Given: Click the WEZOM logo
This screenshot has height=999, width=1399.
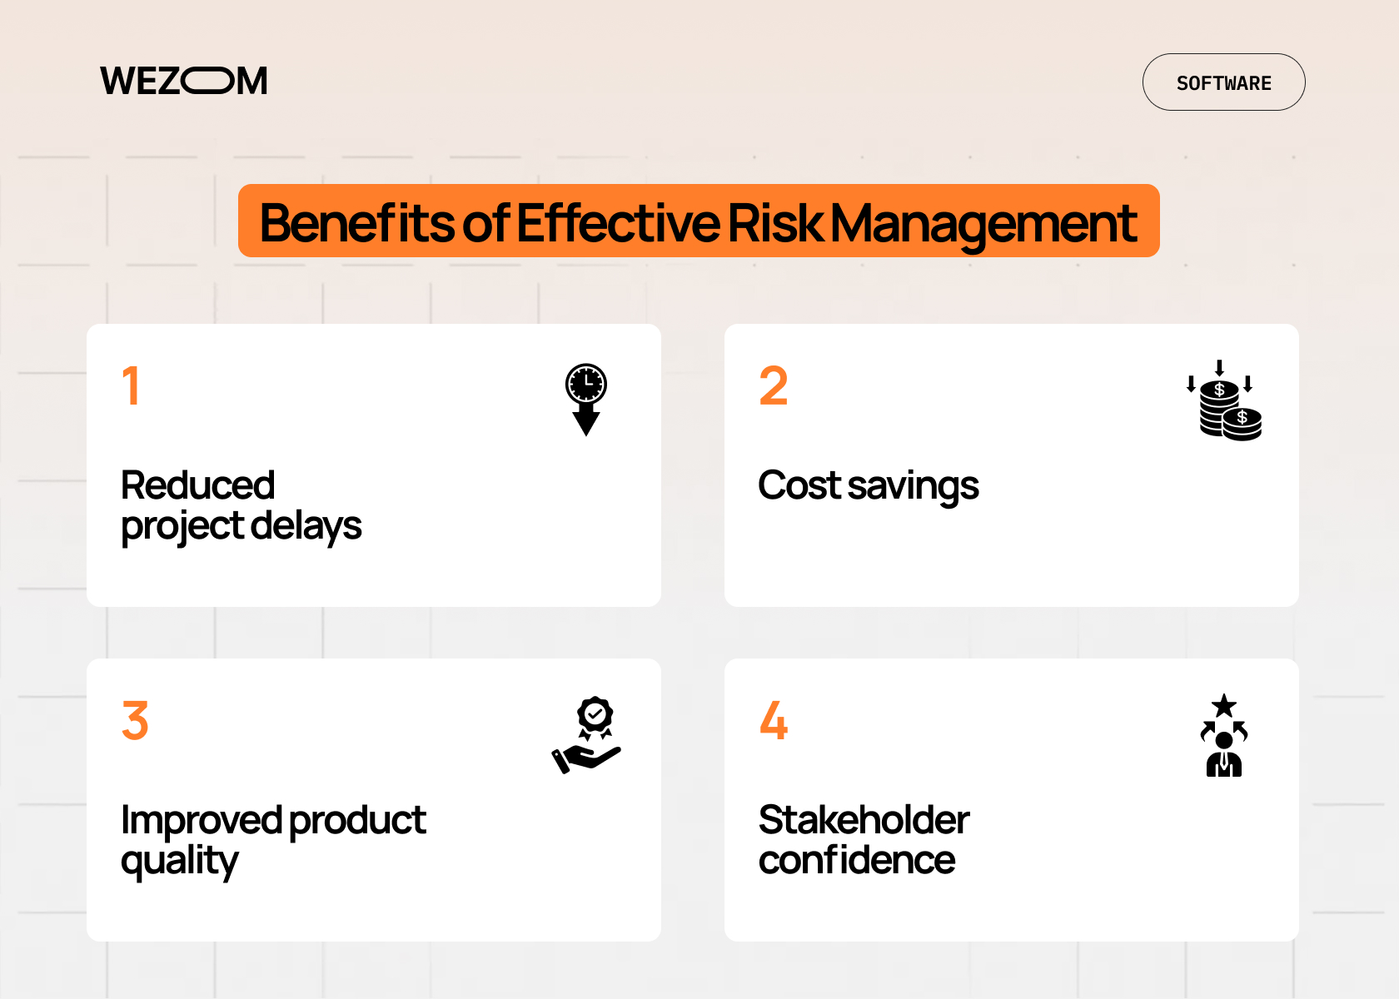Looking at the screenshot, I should tap(184, 81).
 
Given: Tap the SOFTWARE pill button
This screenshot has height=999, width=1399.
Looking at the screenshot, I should tap(1223, 82).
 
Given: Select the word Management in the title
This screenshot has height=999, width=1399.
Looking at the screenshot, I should tap(983, 224).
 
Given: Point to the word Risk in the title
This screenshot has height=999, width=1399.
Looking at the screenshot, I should tap(775, 222).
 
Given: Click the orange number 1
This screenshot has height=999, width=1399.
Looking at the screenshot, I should tap(131, 386).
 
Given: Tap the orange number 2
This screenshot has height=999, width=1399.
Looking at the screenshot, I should tap(774, 386).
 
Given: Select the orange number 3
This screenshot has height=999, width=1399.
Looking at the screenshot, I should tap(135, 721).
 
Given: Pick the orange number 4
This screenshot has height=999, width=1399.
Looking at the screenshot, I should tap(774, 721).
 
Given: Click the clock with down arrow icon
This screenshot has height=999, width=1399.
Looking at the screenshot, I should tap(586, 399).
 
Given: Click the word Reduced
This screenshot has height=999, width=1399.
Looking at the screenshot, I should tap(198, 485).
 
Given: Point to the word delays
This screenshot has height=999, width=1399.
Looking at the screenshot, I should tap(306, 526).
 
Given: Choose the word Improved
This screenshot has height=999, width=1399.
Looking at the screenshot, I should tap(202, 821).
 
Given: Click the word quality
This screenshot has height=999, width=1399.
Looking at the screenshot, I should tap(180, 861).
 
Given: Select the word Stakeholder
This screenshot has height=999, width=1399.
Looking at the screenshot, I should tap(864, 820).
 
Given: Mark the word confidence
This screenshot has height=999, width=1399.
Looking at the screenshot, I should tap(857, 860).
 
